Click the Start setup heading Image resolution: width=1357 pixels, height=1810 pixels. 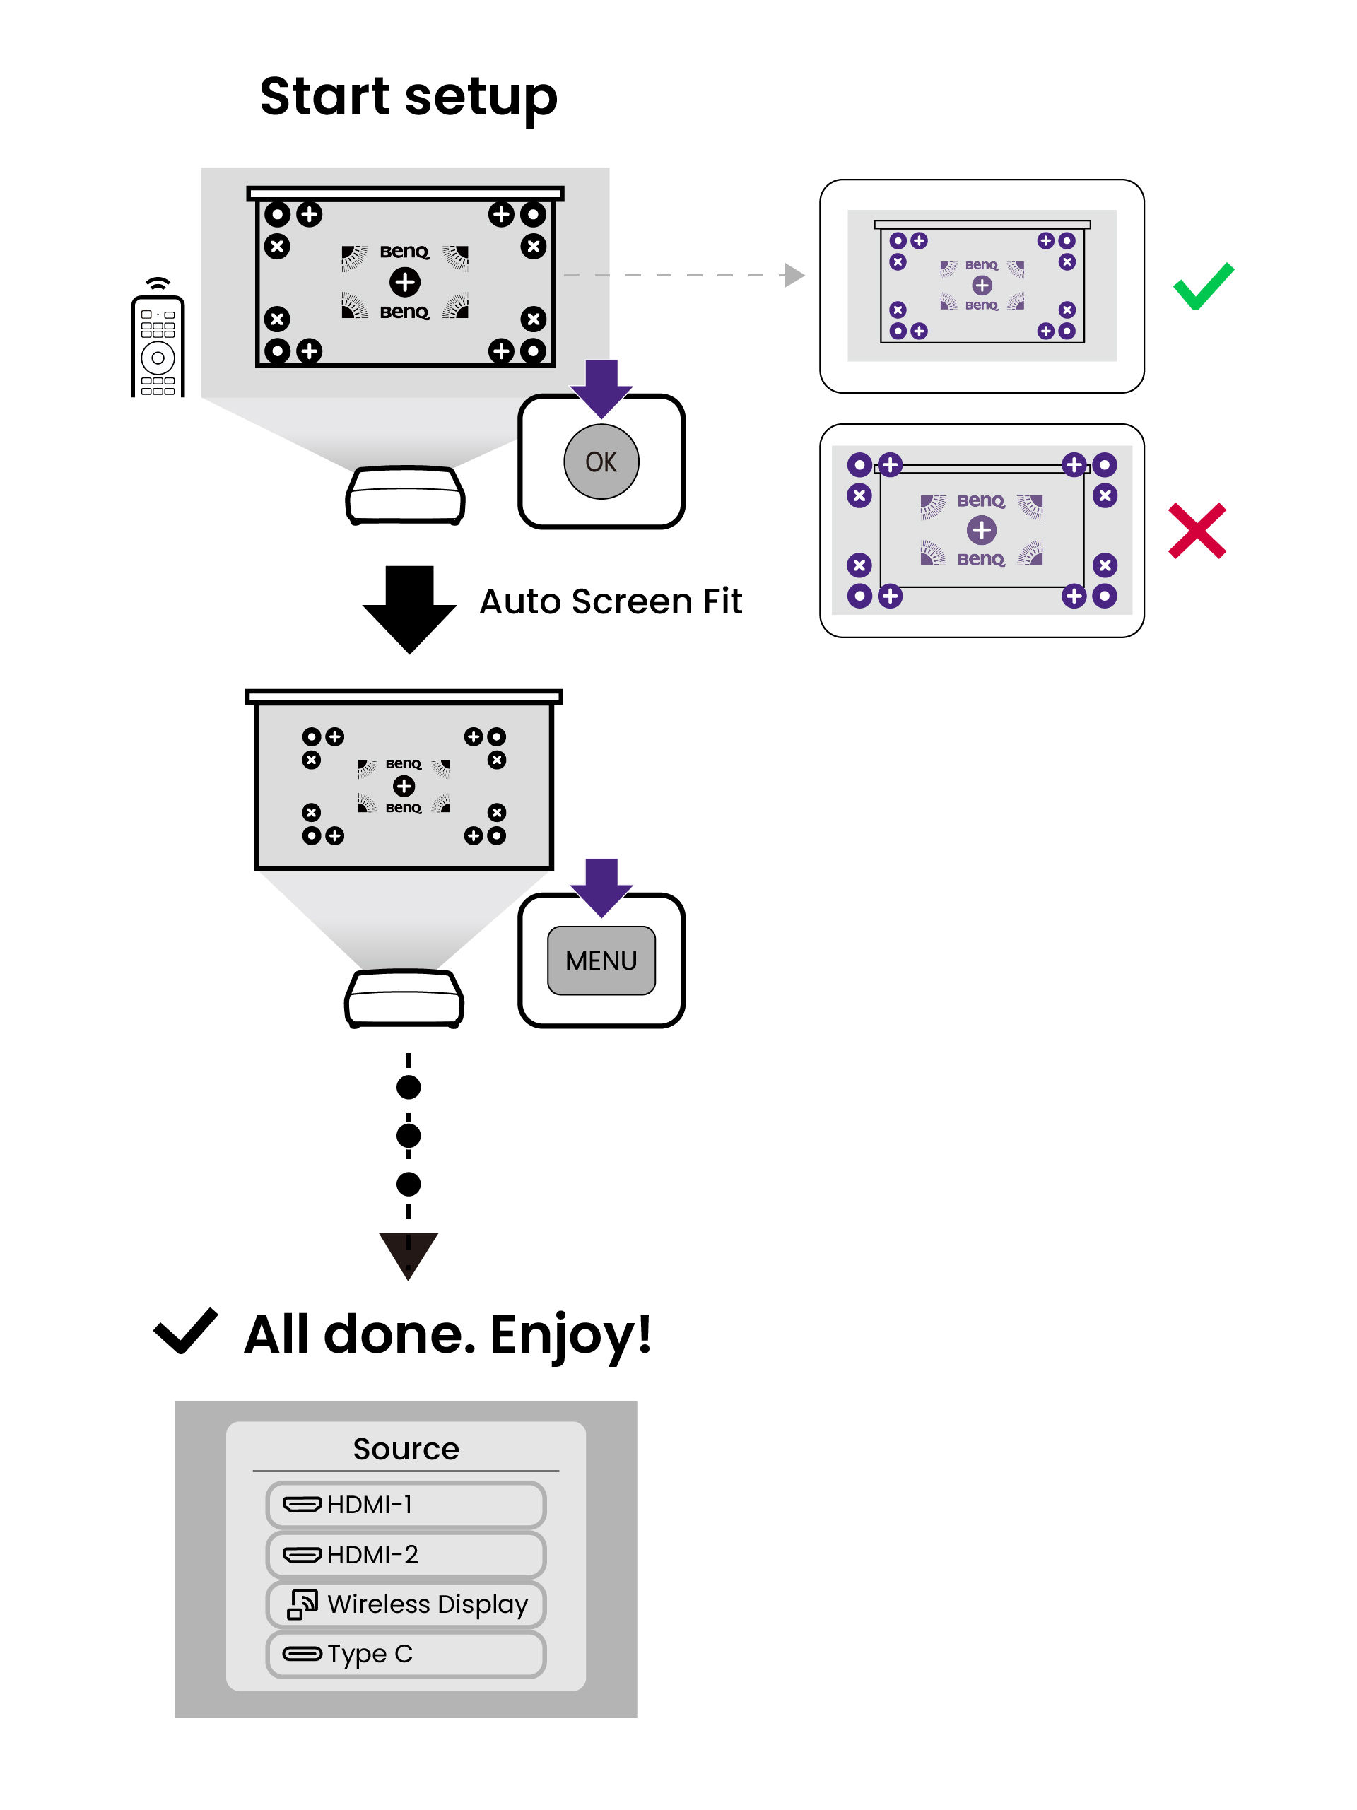click(408, 97)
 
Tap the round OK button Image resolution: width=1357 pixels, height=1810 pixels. click(601, 462)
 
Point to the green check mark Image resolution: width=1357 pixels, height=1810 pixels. click(1202, 286)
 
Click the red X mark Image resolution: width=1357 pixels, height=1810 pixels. click(1197, 531)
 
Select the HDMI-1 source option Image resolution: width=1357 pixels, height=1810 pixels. click(405, 1504)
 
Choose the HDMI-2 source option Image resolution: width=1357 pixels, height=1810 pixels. click(405, 1554)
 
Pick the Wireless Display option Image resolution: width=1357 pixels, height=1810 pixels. click(405, 1604)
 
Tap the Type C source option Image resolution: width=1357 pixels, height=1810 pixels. click(405, 1654)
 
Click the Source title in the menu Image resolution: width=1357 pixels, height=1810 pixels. click(406, 1448)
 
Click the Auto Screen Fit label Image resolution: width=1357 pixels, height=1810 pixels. click(611, 601)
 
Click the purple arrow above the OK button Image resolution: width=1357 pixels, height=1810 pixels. click(601, 388)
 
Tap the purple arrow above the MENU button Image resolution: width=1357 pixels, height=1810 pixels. click(601, 887)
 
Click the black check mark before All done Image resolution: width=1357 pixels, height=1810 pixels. click(186, 1331)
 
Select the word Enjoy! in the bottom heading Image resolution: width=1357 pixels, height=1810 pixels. click(570, 1335)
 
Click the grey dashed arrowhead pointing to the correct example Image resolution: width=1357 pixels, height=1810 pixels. click(793, 275)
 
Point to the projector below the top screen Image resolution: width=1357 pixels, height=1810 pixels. click(405, 494)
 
